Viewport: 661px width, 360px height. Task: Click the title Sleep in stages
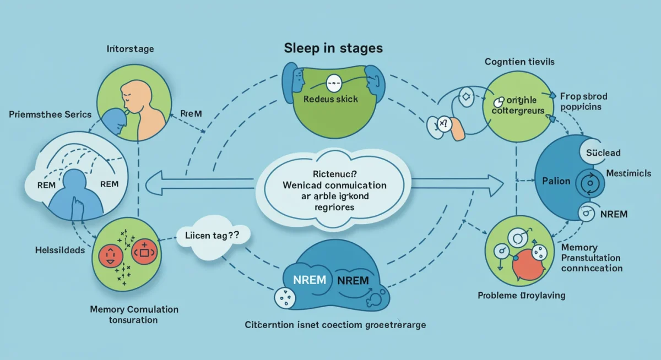333,48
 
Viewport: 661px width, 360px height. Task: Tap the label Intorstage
130,49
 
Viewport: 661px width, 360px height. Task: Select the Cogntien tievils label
519,62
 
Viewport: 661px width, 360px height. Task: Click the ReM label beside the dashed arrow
191,113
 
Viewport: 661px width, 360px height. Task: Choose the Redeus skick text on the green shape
330,100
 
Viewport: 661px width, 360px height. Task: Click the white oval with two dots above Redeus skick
333,84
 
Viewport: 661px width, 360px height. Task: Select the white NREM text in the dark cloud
306,279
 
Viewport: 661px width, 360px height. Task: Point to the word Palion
555,181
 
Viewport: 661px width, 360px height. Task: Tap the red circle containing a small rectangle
145,252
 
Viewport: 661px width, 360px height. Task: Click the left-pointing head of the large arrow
155,182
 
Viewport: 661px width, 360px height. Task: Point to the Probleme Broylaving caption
521,296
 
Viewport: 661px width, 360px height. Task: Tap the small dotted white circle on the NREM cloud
285,298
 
